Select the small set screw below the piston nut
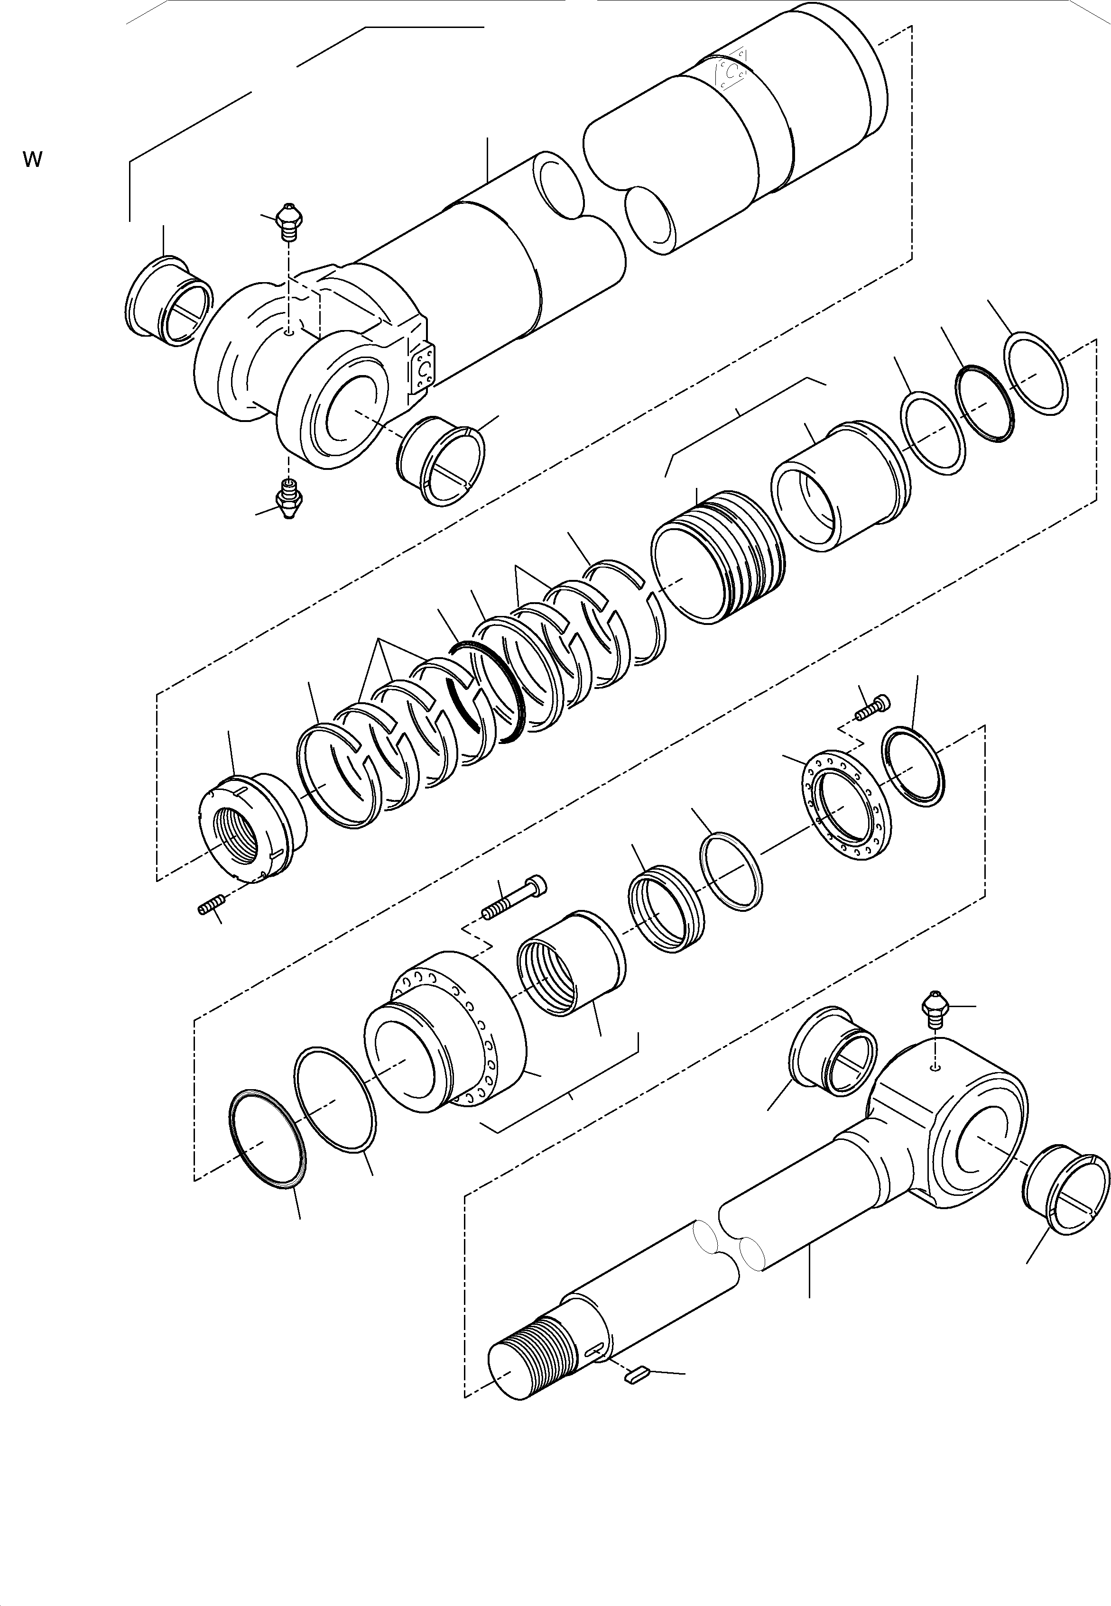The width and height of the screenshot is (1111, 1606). [x=210, y=907]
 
